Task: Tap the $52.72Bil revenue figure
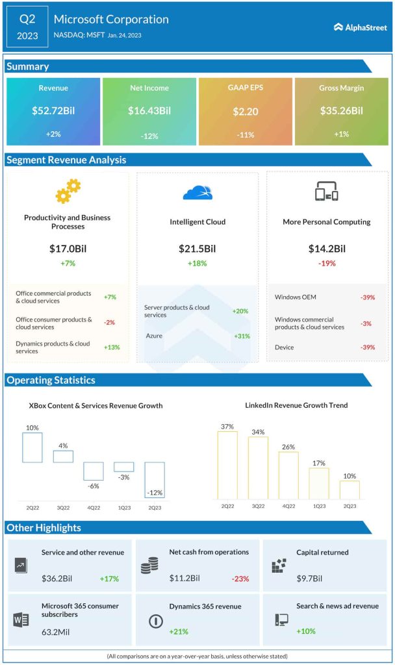(53, 111)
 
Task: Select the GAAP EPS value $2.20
(246, 111)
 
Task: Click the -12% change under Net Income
(149, 136)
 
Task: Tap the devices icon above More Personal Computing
(327, 192)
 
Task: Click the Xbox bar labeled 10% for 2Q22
(32, 447)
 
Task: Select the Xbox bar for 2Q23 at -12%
(155, 480)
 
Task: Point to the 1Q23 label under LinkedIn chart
(318, 506)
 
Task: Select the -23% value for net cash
(239, 579)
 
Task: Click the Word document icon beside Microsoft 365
(19, 620)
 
